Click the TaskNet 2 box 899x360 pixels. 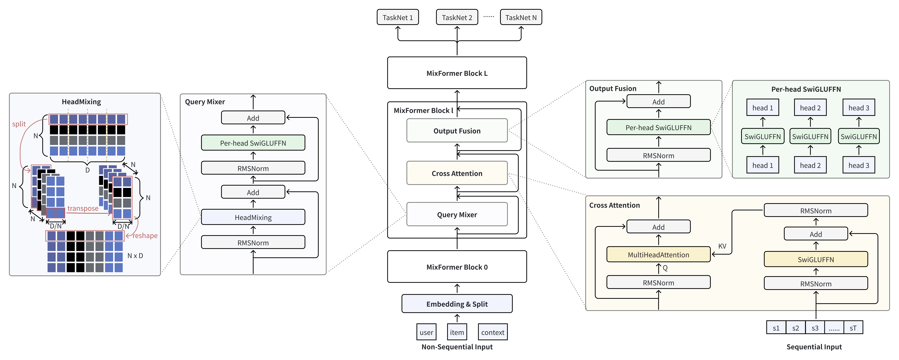[x=457, y=17]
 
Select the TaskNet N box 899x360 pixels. [x=521, y=17]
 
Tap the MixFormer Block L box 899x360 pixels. [x=457, y=73]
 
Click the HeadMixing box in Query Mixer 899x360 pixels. [x=253, y=217]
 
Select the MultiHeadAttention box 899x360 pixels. [x=658, y=254]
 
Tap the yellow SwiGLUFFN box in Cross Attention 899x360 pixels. [x=816, y=259]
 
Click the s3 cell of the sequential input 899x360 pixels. [x=815, y=328]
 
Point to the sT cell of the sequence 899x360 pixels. [x=853, y=328]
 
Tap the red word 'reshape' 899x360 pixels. [x=145, y=235]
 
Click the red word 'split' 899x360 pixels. [x=19, y=124]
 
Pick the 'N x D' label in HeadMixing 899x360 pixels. [x=135, y=256]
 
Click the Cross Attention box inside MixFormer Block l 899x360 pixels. [x=457, y=173]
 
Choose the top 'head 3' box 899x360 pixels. [x=859, y=107]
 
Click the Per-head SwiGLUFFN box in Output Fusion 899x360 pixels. [x=658, y=127]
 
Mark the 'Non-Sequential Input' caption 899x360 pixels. [x=457, y=347]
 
